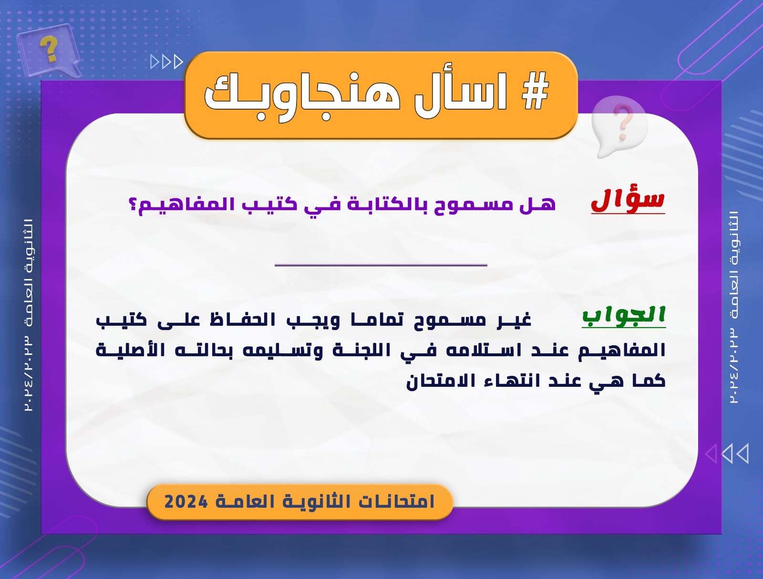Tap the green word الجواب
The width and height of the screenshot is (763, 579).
(624, 316)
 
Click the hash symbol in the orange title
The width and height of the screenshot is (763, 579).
(536, 91)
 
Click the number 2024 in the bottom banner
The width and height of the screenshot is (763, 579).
(186, 502)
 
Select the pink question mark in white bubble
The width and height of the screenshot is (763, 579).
(624, 122)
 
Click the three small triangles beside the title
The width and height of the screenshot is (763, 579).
(166, 62)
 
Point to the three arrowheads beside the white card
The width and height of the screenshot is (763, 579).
(726, 454)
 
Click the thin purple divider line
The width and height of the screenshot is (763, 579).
(381, 265)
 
